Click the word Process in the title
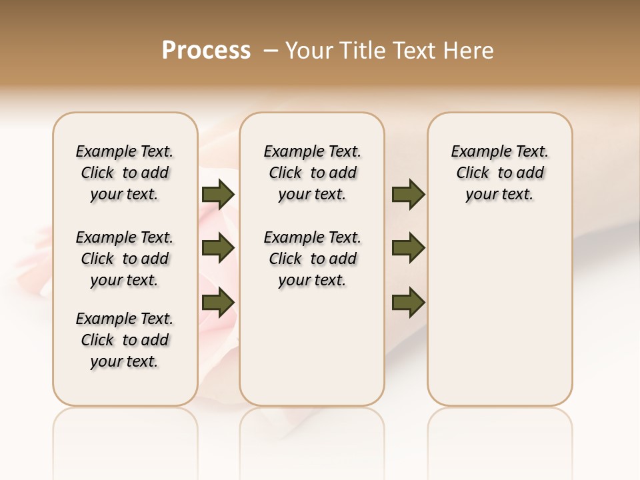[x=206, y=50]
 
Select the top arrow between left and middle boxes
[x=218, y=195]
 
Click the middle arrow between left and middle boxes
[x=218, y=249]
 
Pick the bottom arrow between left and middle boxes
[x=218, y=302]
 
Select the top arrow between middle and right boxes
[x=408, y=195]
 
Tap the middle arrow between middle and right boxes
[x=408, y=249]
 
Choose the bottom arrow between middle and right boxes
[x=408, y=302]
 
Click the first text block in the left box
[x=125, y=173]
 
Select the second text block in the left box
[x=125, y=259]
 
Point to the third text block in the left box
[x=125, y=340]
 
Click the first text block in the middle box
[x=312, y=173]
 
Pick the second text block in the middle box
[x=312, y=259]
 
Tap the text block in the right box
[x=499, y=173]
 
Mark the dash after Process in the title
[x=271, y=51]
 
